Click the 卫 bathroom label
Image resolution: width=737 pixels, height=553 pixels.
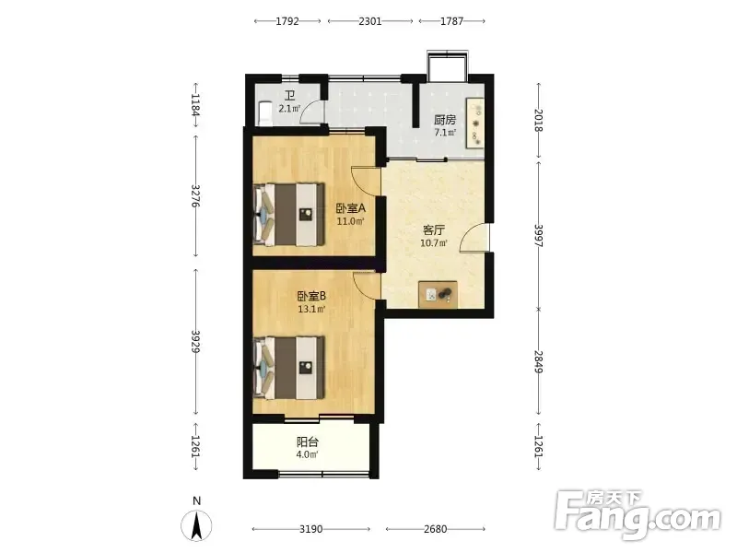point(290,96)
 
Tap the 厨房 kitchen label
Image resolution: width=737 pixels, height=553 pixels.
point(445,120)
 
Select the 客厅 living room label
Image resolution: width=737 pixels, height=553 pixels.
point(434,229)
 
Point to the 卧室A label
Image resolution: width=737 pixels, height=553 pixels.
point(351,208)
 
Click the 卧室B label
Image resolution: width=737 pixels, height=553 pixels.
point(311,296)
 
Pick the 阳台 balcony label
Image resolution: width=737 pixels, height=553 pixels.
point(308,442)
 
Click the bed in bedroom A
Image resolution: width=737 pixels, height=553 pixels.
point(289,214)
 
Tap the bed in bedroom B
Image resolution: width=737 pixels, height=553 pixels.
point(289,367)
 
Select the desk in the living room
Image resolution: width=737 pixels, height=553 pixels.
point(439,294)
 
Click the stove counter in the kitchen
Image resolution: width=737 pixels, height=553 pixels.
point(474,124)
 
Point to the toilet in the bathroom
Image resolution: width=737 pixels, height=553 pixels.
point(264,113)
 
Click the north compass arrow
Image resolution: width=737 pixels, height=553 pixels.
point(197,525)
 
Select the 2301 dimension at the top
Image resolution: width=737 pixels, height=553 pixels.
point(370,21)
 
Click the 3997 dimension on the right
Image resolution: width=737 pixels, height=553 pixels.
point(539,235)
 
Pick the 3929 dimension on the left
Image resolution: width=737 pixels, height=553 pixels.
point(196,342)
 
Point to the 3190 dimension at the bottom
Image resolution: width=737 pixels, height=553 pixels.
point(311,529)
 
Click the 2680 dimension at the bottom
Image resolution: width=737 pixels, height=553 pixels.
point(435,529)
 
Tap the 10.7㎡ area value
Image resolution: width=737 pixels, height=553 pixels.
point(433,243)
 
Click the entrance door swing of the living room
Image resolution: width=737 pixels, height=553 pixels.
point(474,238)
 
